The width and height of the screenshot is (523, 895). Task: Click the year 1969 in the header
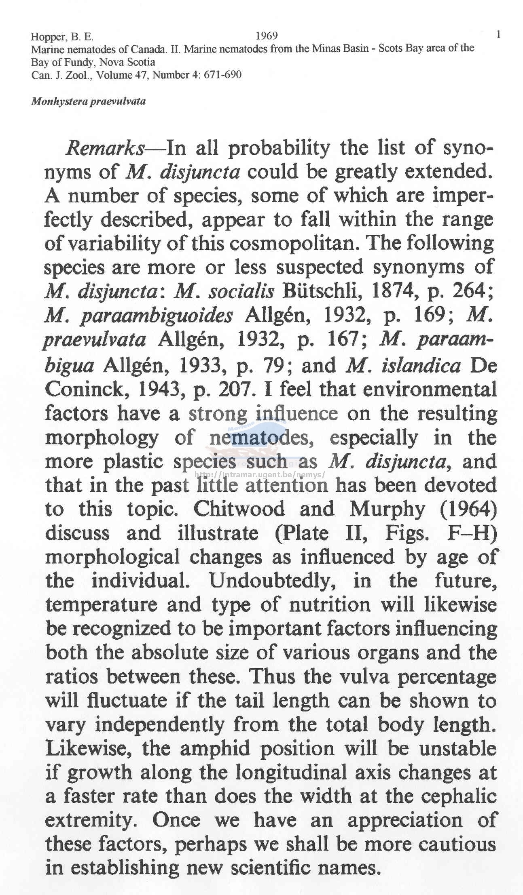(x=267, y=36)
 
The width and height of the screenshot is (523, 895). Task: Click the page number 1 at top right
(x=498, y=35)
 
